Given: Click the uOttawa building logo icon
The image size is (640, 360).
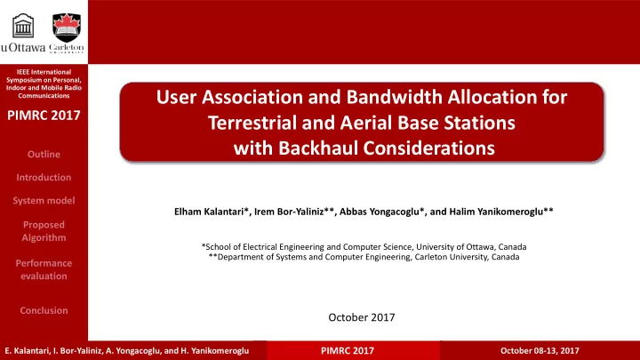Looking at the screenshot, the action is (23, 26).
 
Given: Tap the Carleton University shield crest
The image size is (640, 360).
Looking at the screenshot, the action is (67, 28).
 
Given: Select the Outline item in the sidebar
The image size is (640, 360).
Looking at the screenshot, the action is (44, 155).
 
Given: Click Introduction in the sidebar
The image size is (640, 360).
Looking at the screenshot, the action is (44, 178).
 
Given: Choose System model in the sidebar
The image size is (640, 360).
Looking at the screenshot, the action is (44, 201).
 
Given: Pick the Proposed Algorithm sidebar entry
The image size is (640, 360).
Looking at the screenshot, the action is (44, 231).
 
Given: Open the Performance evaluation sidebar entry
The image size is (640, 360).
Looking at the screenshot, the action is (44, 269).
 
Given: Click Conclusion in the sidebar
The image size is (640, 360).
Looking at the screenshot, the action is (44, 310).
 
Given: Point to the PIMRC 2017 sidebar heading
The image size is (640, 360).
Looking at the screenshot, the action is (44, 116).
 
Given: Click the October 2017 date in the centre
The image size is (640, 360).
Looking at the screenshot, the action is (362, 317).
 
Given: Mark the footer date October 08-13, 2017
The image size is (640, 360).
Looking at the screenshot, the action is (540, 350).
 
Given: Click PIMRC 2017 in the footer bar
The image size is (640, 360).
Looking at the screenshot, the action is (348, 350).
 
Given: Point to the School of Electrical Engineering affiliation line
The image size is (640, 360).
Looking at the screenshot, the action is (364, 247).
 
